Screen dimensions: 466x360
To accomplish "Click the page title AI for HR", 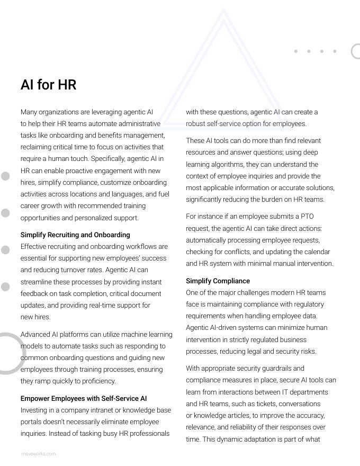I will tap(48, 85).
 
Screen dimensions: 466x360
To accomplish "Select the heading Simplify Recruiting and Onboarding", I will tap(75, 235).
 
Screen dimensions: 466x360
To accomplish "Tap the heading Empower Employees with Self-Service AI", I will tap(84, 398).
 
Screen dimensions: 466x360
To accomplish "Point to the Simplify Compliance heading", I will tap(218, 281).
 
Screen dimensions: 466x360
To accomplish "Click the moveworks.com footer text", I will tap(39, 454).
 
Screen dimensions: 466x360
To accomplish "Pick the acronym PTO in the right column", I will tap(307, 217).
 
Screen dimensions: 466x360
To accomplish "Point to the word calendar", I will tap(317, 252).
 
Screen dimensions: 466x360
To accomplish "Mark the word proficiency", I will tap(97, 381).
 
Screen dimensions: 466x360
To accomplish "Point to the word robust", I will tap(195, 123).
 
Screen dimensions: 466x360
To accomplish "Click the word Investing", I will tap(34, 410).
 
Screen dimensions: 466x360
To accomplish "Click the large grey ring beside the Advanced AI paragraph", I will tap(6, 353).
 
